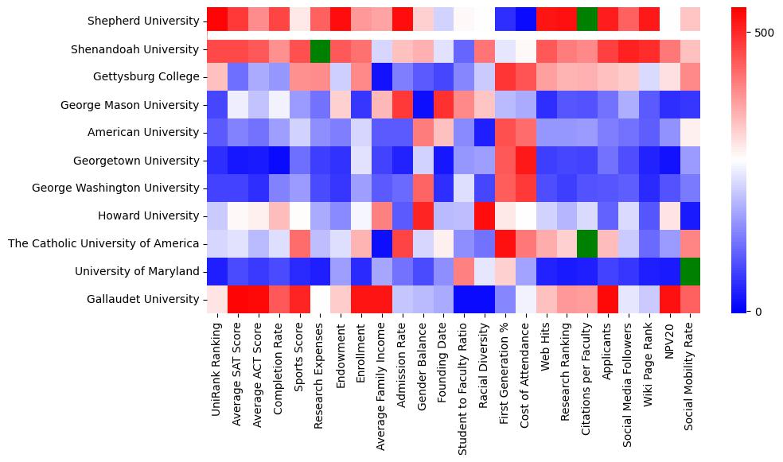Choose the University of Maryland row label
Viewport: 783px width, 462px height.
click(x=137, y=271)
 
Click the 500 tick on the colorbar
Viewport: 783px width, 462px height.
click(x=764, y=33)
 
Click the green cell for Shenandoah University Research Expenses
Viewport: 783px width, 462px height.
click(x=320, y=49)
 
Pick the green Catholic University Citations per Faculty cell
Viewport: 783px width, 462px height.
click(x=587, y=243)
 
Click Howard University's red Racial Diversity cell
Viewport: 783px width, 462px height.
click(x=484, y=215)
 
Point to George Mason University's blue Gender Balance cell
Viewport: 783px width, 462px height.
click(x=423, y=105)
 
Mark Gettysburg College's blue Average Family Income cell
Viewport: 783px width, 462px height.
click(x=381, y=77)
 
